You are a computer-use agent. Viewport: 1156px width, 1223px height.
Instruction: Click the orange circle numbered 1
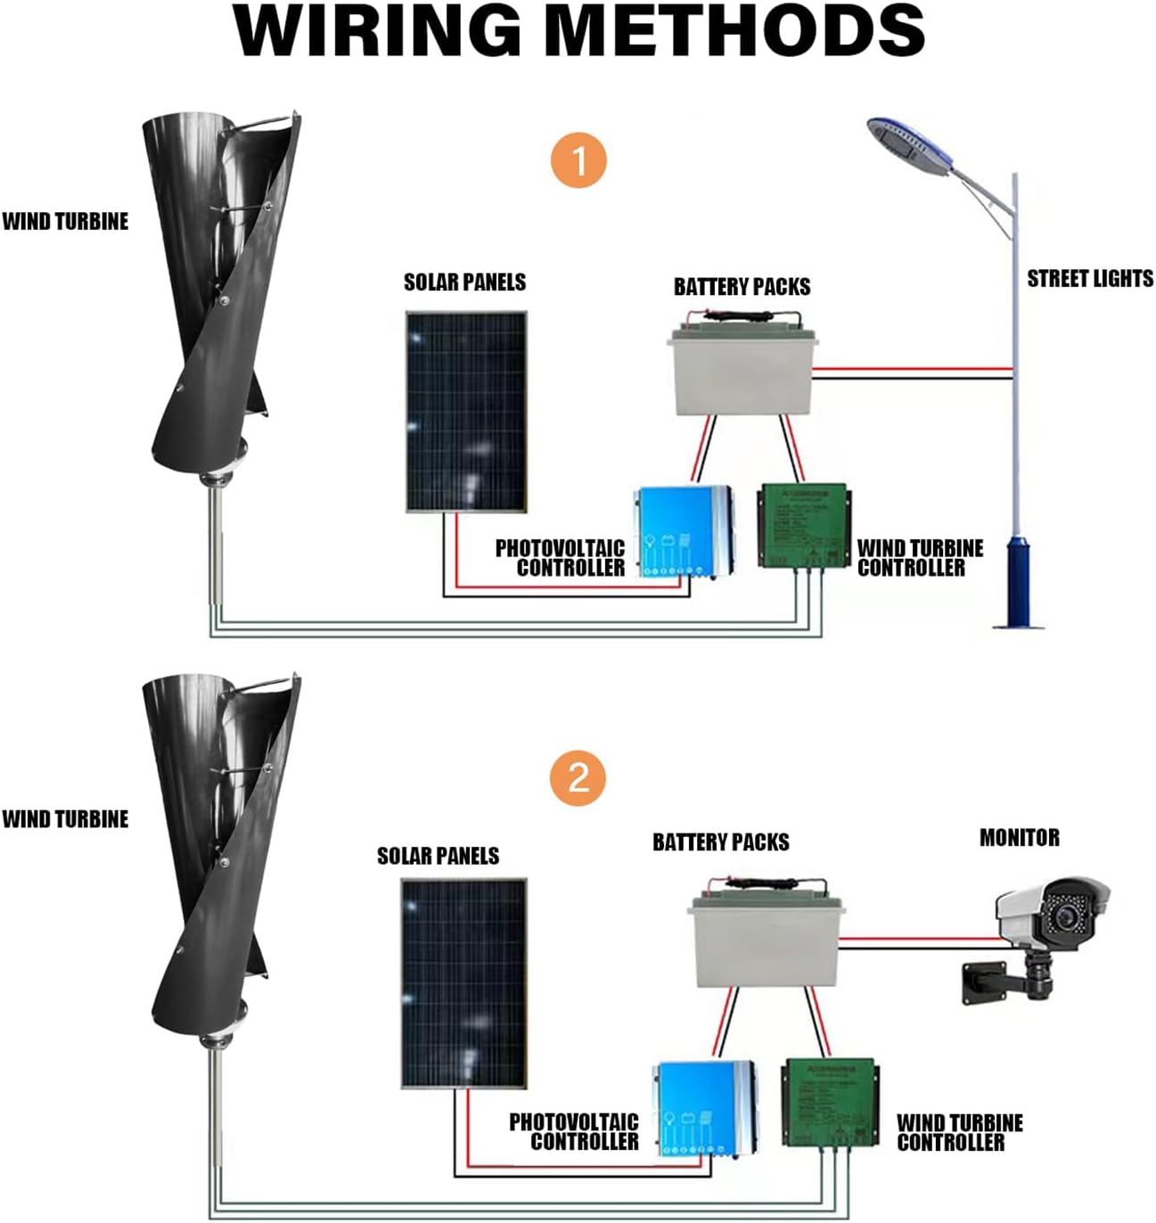[579, 161]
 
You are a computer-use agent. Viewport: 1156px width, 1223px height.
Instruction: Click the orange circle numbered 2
[578, 777]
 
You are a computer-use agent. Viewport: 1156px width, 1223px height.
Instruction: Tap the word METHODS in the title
[734, 32]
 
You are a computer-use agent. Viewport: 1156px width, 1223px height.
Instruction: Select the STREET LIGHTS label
[1089, 279]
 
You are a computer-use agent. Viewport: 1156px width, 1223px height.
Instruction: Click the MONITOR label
[1020, 838]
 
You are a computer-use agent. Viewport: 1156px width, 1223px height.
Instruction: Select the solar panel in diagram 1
[466, 412]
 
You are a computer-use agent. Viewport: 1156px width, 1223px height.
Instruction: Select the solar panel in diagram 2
[463, 983]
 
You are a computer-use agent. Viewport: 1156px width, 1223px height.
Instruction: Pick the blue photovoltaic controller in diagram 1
[683, 531]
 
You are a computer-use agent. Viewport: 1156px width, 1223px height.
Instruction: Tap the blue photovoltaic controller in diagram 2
[704, 1105]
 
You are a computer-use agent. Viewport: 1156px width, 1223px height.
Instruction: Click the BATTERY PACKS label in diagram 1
[742, 287]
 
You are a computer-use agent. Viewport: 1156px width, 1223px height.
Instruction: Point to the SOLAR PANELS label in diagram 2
[438, 856]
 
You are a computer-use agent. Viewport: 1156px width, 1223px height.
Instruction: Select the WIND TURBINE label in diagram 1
[65, 221]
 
